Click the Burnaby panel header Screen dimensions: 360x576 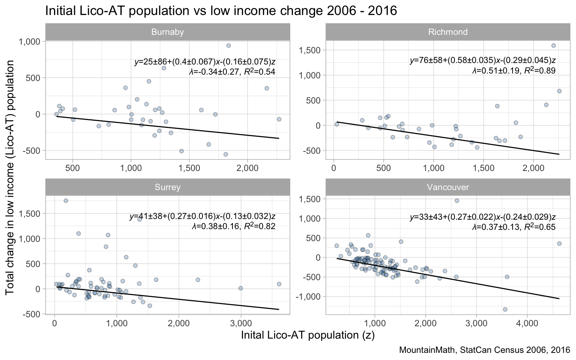click(168, 32)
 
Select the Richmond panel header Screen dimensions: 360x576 click(448, 32)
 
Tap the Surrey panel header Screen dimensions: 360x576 click(168, 187)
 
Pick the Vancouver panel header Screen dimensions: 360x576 click(448, 187)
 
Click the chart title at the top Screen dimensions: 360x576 click(221, 10)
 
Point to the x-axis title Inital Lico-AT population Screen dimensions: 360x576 click(307, 335)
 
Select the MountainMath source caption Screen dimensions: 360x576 click(484, 350)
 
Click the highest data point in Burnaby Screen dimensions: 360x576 click(228, 45)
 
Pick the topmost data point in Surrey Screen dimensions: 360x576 click(66, 201)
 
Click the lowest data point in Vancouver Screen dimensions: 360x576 click(505, 309)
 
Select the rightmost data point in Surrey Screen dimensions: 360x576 click(279, 284)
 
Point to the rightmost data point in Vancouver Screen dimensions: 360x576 click(559, 243)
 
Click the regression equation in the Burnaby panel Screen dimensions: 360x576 click(205, 62)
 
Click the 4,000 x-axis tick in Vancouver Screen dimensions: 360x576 click(527, 323)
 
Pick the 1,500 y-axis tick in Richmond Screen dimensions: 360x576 click(312, 50)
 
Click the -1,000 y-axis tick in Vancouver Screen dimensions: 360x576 click(310, 297)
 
